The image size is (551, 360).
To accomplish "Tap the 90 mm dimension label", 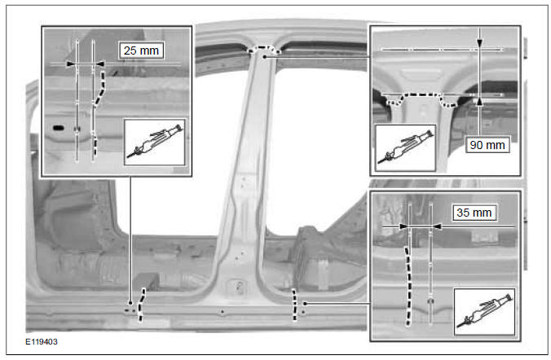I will (x=487, y=146).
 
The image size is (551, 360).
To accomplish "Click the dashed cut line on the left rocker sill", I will (x=140, y=305).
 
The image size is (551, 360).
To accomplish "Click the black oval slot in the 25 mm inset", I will (x=57, y=128).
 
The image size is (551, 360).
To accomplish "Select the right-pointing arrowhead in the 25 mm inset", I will (x=71, y=62).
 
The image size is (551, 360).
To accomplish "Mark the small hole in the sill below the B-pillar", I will (x=223, y=311).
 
